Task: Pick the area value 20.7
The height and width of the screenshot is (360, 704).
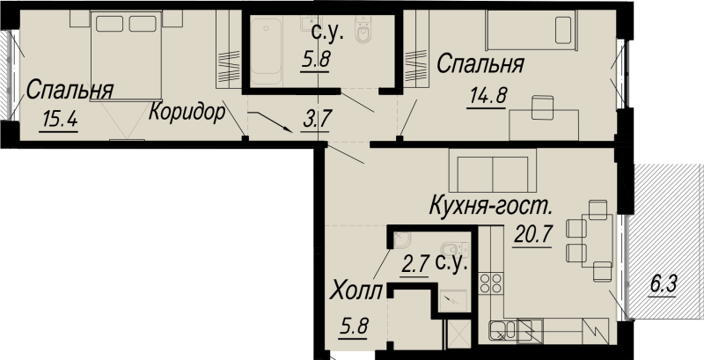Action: (x=530, y=235)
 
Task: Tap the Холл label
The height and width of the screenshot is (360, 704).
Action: (x=357, y=291)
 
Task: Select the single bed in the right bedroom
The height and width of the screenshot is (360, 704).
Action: (x=531, y=31)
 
